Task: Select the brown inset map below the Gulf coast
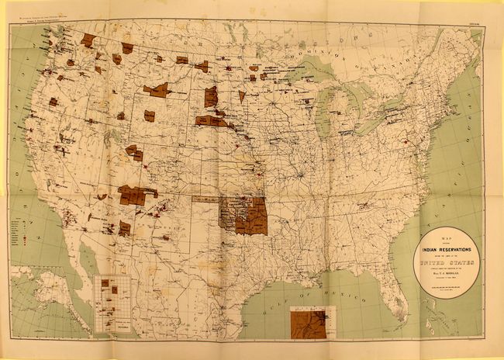308,322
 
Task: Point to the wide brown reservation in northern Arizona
133,195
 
